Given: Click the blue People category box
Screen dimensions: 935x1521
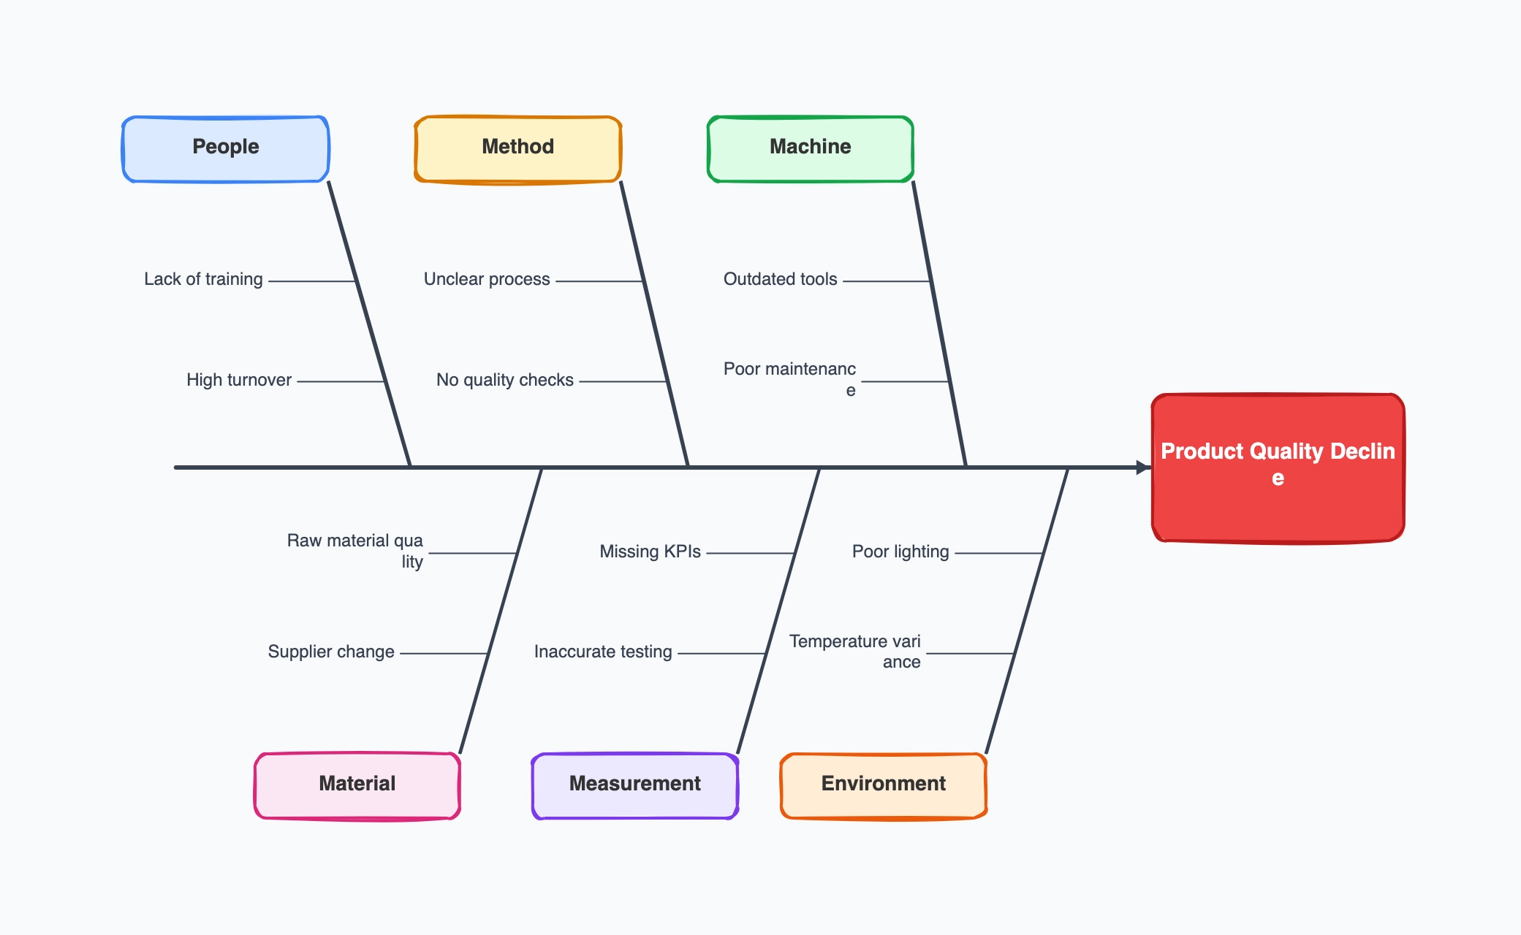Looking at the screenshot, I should click(x=225, y=148).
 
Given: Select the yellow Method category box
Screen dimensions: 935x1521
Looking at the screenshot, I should click(x=517, y=148).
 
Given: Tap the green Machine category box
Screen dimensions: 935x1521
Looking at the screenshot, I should click(x=810, y=148).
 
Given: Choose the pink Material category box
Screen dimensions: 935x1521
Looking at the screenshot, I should click(x=357, y=785).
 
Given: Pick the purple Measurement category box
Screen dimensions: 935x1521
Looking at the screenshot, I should click(x=634, y=785).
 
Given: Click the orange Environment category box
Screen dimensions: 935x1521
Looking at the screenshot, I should click(x=883, y=785).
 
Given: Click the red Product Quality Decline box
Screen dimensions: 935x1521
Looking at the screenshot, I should click(x=1278, y=467).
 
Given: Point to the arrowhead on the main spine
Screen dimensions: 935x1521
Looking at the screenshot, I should click(x=1143, y=467).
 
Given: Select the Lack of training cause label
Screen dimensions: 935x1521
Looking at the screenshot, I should click(x=203, y=279).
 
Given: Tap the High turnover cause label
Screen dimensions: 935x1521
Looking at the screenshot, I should click(x=239, y=380).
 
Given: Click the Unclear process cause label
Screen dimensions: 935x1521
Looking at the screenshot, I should click(x=487, y=279).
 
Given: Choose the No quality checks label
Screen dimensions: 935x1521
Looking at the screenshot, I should click(x=505, y=380).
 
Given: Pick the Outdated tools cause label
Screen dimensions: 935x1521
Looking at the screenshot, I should click(x=781, y=279).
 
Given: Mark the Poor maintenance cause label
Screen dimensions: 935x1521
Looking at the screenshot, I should click(x=789, y=378).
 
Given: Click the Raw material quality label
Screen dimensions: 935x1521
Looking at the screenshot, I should click(x=355, y=550).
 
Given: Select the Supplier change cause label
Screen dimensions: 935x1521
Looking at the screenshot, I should click(x=331, y=652).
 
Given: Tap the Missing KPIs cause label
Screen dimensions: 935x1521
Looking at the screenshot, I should click(x=650, y=552).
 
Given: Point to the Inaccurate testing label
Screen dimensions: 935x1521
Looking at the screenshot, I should click(x=603, y=652).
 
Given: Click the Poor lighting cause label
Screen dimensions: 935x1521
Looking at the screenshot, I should click(x=900, y=552).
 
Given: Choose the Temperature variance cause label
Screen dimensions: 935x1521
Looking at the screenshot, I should click(x=855, y=651).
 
